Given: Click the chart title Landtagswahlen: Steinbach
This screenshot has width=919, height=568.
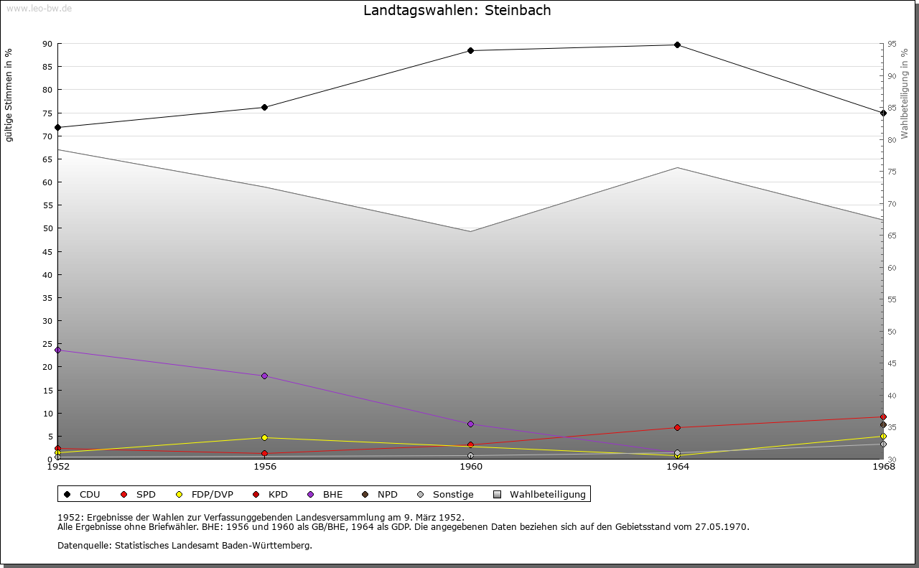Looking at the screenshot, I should pos(457,11).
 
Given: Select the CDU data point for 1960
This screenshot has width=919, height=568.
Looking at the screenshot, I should pos(471,50).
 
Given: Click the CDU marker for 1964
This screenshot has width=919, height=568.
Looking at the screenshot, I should pos(677,45).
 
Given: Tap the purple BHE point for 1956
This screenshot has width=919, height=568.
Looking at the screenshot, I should pos(265,376).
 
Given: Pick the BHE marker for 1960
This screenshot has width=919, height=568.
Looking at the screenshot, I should pos(471,424).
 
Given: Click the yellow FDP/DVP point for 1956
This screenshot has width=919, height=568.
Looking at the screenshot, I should pos(265,437).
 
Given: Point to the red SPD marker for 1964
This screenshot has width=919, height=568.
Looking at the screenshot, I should pos(677,427).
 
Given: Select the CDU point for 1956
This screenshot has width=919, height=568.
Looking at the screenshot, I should pos(265,107).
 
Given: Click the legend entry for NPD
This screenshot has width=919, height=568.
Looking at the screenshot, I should pos(386,494).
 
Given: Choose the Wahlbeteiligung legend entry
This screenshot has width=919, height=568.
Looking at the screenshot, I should pos(547,494).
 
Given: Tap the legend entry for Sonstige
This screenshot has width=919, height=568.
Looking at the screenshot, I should pos(452,494).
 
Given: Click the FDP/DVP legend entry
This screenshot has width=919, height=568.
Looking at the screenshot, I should pos(212,494).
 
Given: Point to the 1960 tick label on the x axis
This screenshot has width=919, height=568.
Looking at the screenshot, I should pos(471,467).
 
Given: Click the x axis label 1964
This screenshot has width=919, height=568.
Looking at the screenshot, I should pos(677,467).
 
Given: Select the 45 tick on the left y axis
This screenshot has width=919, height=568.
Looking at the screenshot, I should pos(47,252).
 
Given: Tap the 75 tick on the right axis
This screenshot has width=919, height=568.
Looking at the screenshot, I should pos(891,172).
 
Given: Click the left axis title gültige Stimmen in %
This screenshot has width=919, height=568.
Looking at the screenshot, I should pos(9,95).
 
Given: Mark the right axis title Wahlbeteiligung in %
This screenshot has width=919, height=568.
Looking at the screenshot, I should pos(905,93).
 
